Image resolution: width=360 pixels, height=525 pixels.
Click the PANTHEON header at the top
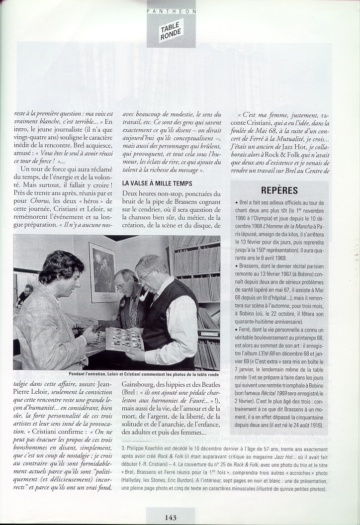pos(172,10)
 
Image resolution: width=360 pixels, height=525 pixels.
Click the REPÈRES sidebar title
pos(279,190)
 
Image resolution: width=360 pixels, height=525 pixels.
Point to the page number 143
pos(171,517)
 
